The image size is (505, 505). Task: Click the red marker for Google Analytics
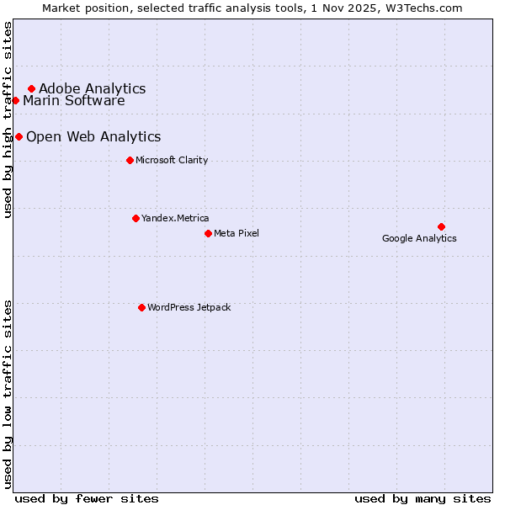pyautogui.click(x=441, y=226)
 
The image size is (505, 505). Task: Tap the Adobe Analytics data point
pyautogui.click(x=31, y=88)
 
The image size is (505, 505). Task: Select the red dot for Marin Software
pyautogui.click(x=15, y=101)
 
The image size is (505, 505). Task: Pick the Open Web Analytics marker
pyautogui.click(x=19, y=136)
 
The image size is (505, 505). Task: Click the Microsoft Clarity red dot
pyautogui.click(x=130, y=160)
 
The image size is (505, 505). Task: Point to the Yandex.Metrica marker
pyautogui.click(x=136, y=218)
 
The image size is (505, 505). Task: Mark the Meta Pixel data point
pyautogui.click(x=208, y=233)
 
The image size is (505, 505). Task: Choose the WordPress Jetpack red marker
pyautogui.click(x=141, y=307)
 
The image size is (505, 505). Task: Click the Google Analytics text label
pyautogui.click(x=419, y=238)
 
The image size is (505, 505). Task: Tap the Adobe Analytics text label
pyautogui.click(x=92, y=88)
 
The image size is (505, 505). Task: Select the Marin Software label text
pyautogui.click(x=73, y=101)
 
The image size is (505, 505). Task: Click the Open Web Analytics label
pyautogui.click(x=93, y=136)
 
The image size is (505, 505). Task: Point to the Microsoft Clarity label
pyautogui.click(x=172, y=160)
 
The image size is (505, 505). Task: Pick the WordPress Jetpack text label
pyautogui.click(x=189, y=307)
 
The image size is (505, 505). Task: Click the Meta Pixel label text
pyautogui.click(x=237, y=233)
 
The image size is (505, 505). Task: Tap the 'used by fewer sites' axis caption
pyautogui.click(x=87, y=498)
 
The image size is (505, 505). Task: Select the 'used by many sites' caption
pyautogui.click(x=423, y=498)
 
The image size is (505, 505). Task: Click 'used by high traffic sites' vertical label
pyautogui.click(x=8, y=120)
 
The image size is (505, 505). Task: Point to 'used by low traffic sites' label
pyautogui.click(x=8, y=393)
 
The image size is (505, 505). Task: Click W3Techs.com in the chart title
pyautogui.click(x=426, y=8)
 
